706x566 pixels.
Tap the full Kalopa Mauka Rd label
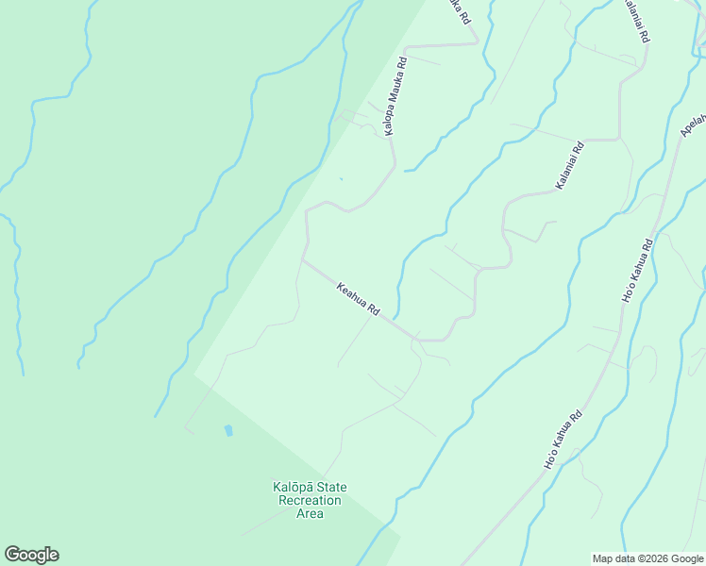(x=395, y=97)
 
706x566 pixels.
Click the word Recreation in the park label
(x=310, y=500)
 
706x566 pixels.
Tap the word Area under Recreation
(x=310, y=513)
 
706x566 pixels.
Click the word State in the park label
(x=332, y=487)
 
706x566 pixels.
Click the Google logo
(x=31, y=555)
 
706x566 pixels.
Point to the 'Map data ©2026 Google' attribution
(x=647, y=558)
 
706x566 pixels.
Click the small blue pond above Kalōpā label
(x=228, y=430)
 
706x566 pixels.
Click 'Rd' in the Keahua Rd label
(x=373, y=309)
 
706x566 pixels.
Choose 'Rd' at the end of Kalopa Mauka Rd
(x=401, y=63)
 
